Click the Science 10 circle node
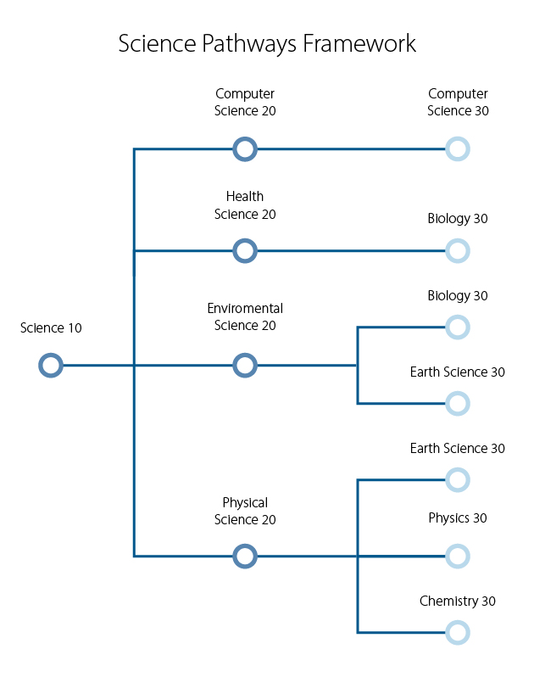pyautogui.click(x=51, y=366)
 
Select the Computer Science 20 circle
pyautogui.click(x=245, y=149)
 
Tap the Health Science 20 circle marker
pyautogui.click(x=245, y=251)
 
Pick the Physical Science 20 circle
pyautogui.click(x=245, y=557)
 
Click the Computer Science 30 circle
pyautogui.click(x=458, y=149)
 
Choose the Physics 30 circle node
pyautogui.click(x=458, y=557)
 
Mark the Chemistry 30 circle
pyautogui.click(x=458, y=633)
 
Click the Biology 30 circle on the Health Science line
pyautogui.click(x=458, y=251)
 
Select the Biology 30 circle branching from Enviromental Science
pyautogui.click(x=458, y=327)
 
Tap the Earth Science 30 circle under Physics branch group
pyautogui.click(x=458, y=480)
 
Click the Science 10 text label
pyautogui.click(x=51, y=328)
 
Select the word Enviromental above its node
pyautogui.click(x=245, y=309)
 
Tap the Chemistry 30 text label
pyautogui.click(x=458, y=601)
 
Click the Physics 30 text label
pyautogui.click(x=458, y=518)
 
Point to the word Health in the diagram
pyautogui.click(x=245, y=197)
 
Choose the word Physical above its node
pyautogui.click(x=245, y=503)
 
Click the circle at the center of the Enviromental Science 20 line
pyautogui.click(x=245, y=366)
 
